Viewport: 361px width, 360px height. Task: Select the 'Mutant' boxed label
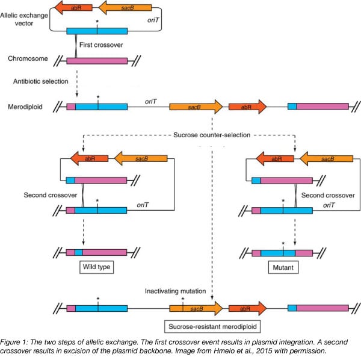[x=283, y=265]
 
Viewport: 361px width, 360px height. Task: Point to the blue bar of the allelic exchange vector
[x=96, y=31]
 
